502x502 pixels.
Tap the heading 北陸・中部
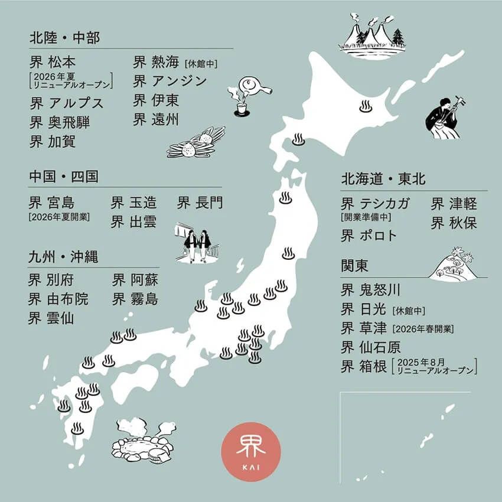pyautogui.click(x=65, y=38)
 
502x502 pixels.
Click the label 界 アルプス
pyautogui.click(x=66, y=103)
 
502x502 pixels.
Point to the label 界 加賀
pyautogui.click(x=53, y=142)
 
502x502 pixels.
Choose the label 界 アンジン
pyautogui.click(x=170, y=80)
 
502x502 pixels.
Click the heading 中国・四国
pyautogui.click(x=64, y=177)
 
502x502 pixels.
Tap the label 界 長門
pyautogui.click(x=200, y=203)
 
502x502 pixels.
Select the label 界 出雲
pyautogui.click(x=134, y=223)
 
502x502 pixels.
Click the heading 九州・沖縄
pyautogui.click(x=64, y=257)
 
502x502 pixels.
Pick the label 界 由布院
pyautogui.click(x=58, y=299)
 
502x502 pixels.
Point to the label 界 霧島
pyautogui.click(x=135, y=299)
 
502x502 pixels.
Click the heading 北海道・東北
pyautogui.click(x=383, y=179)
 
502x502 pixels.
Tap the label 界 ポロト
pyautogui.click(x=369, y=236)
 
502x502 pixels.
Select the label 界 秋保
pyautogui.click(x=454, y=223)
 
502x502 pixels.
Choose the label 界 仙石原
pyautogui.click(x=371, y=346)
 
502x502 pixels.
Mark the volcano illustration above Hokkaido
pyautogui.click(x=372, y=36)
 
